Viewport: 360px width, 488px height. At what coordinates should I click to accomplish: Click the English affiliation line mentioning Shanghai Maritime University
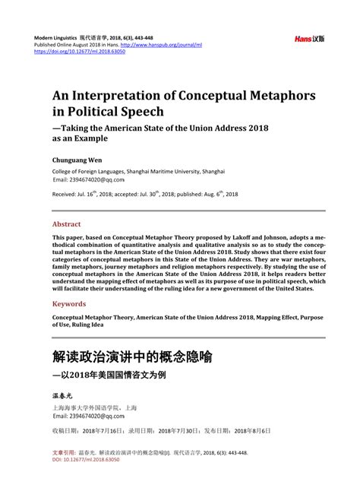click(x=138, y=172)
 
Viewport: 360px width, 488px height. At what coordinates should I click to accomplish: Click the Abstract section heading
click(x=66, y=225)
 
